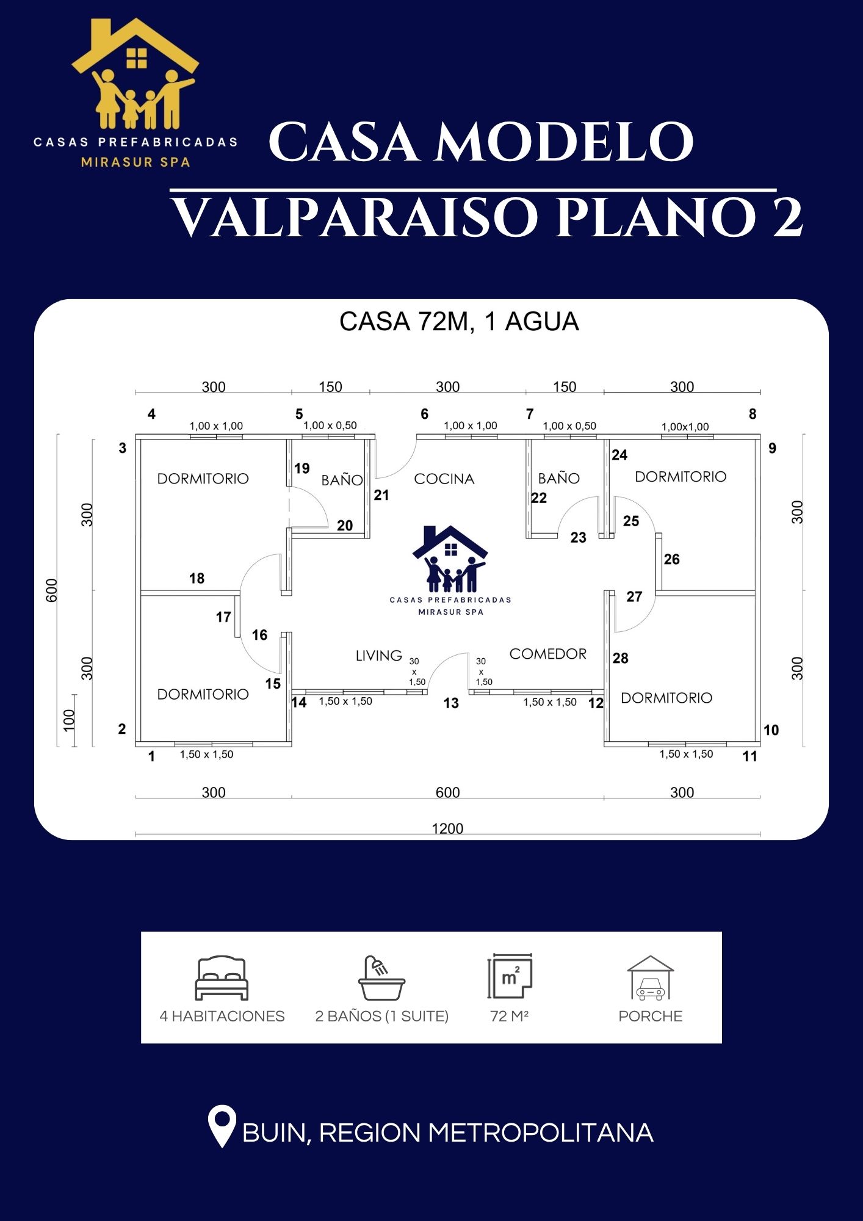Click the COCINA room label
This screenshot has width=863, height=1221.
444,479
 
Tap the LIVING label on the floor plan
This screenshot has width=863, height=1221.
379,655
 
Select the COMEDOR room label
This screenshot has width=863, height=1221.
547,654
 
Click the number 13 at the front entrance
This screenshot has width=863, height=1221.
451,703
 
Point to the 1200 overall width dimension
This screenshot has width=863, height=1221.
447,828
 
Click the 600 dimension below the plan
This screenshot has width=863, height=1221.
447,792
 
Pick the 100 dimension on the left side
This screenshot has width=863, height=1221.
69,720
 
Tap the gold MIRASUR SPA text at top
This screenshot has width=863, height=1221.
136,162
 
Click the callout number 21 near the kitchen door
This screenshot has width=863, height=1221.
381,495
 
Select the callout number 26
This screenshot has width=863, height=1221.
671,559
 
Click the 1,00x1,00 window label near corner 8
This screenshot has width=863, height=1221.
685,427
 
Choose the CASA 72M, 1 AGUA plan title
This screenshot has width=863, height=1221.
459,322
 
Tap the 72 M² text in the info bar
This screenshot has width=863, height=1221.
509,1016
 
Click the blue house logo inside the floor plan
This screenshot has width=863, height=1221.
450,570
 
